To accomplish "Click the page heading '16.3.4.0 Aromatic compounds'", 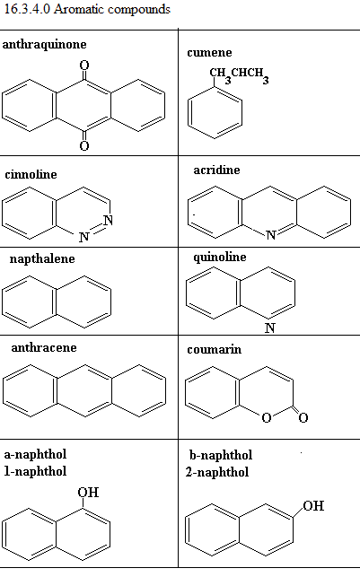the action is point(87,9).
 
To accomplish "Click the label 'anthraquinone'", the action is point(45,45).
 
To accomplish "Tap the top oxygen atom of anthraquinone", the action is point(84,66).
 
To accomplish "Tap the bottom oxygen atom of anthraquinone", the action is point(84,145).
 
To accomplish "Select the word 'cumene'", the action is point(209,53).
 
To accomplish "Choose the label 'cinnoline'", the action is point(31,174).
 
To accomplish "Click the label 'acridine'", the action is point(217,170).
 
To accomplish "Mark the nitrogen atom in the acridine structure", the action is point(271,235).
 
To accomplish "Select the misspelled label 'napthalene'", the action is point(42,259).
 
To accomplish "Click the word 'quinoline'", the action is point(220,257).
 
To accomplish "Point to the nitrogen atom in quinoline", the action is point(270,328).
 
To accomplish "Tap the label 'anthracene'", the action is point(44,348).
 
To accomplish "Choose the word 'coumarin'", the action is point(215,349).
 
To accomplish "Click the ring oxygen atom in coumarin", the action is point(267,417).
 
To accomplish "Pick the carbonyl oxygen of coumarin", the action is point(303,417).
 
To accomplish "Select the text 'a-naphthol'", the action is point(35,454).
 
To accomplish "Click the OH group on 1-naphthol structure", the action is point(88,493).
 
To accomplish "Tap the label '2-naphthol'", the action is point(217,472).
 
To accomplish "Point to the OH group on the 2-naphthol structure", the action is point(313,505).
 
